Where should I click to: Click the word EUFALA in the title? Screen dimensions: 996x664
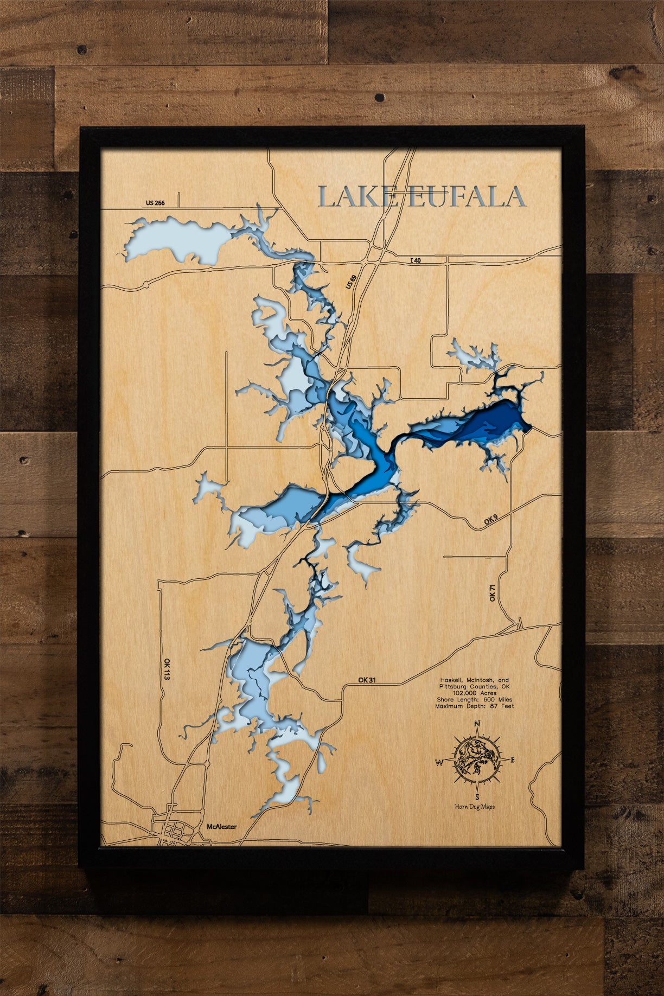[466, 196]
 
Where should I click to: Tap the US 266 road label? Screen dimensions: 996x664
[155, 203]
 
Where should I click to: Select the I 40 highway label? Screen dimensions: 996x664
[415, 260]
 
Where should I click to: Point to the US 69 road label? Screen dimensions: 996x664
[351, 282]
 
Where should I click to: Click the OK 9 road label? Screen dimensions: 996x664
[490, 521]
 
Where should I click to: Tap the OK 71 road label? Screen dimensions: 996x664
[493, 592]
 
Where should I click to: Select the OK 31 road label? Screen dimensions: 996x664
[367, 680]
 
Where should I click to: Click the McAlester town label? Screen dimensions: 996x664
[221, 827]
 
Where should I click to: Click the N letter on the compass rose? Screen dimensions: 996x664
[477, 724]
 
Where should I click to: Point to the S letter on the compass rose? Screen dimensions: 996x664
[477, 797]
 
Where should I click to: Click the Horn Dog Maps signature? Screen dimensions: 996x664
[475, 807]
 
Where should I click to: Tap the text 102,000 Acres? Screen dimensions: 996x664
[475, 693]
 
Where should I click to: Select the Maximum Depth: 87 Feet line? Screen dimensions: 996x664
[475, 706]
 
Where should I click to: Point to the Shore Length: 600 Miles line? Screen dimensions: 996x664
[475, 699]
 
